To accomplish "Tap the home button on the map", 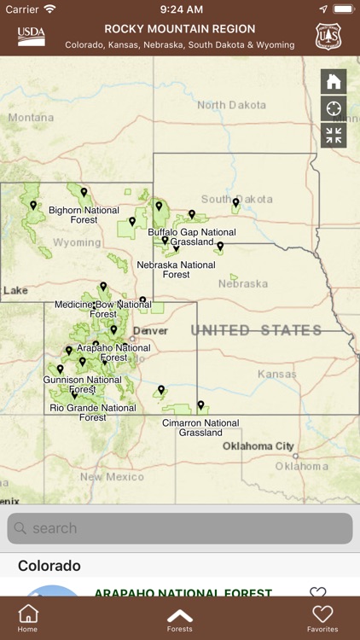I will point(334,82).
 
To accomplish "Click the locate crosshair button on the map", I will point(334,108).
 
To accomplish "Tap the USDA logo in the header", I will point(31,37).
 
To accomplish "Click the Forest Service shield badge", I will point(328,37).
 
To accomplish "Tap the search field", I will point(180,528).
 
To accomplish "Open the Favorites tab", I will point(322,619).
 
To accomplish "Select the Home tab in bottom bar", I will point(28,619).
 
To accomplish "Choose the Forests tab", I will point(180,619).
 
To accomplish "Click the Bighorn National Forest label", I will point(84,215).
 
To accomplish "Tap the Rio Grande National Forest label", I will point(92,413).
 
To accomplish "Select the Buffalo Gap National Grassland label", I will point(192,237).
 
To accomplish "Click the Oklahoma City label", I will point(258,446).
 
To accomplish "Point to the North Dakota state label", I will point(230,105).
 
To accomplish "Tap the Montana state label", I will point(31,118).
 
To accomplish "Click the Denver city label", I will point(150,330).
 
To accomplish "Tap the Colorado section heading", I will point(49,566).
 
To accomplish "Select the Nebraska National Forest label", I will point(176,270).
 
